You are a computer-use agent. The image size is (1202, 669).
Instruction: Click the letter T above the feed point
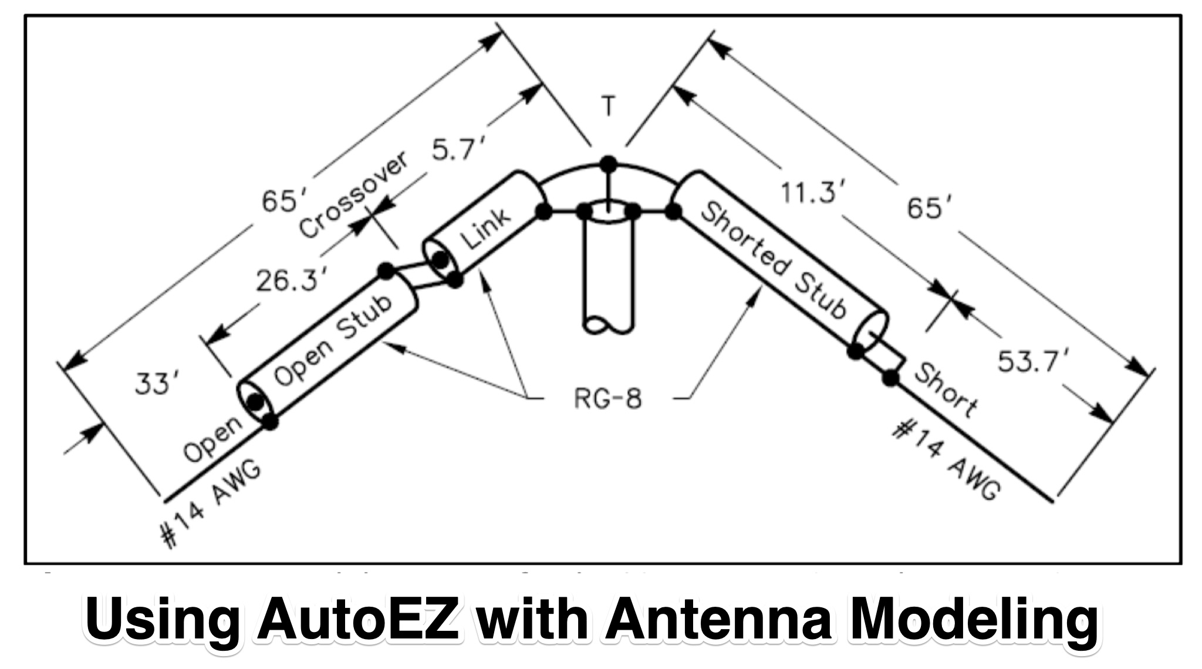609,106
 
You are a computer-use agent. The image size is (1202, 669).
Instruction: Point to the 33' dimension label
152,384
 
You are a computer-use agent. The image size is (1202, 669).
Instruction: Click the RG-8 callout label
607,399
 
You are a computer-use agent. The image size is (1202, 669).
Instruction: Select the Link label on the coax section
485,228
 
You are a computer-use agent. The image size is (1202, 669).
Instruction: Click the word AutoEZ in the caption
357,620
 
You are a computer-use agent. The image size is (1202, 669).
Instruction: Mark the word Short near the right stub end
946,390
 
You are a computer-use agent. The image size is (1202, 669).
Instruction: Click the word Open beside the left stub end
212,439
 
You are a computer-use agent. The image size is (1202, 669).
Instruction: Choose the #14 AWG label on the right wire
946,462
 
